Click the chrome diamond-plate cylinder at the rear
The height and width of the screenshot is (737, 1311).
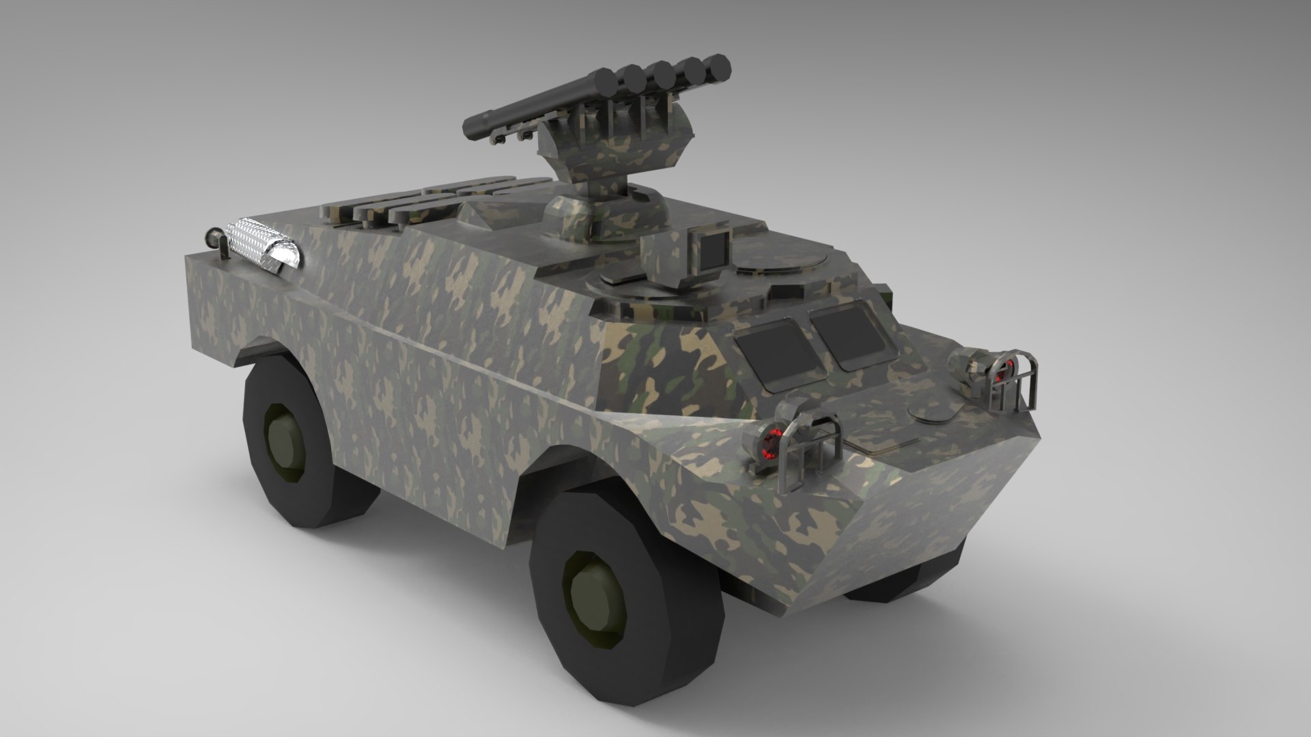(263, 242)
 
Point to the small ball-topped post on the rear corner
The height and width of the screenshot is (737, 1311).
(214, 239)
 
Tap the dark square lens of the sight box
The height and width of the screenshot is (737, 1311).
(713, 250)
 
